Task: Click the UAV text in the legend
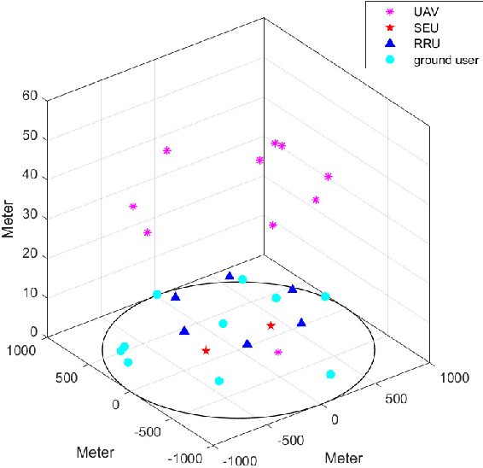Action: click(x=426, y=14)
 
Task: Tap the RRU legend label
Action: click(x=427, y=44)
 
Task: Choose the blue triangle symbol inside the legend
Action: click(x=391, y=44)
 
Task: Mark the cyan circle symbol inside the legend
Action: click(x=391, y=60)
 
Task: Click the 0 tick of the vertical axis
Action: click(x=35, y=333)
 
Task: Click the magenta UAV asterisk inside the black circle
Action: click(x=278, y=352)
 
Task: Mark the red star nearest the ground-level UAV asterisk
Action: click(x=271, y=325)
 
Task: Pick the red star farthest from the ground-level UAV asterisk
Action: click(x=206, y=350)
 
